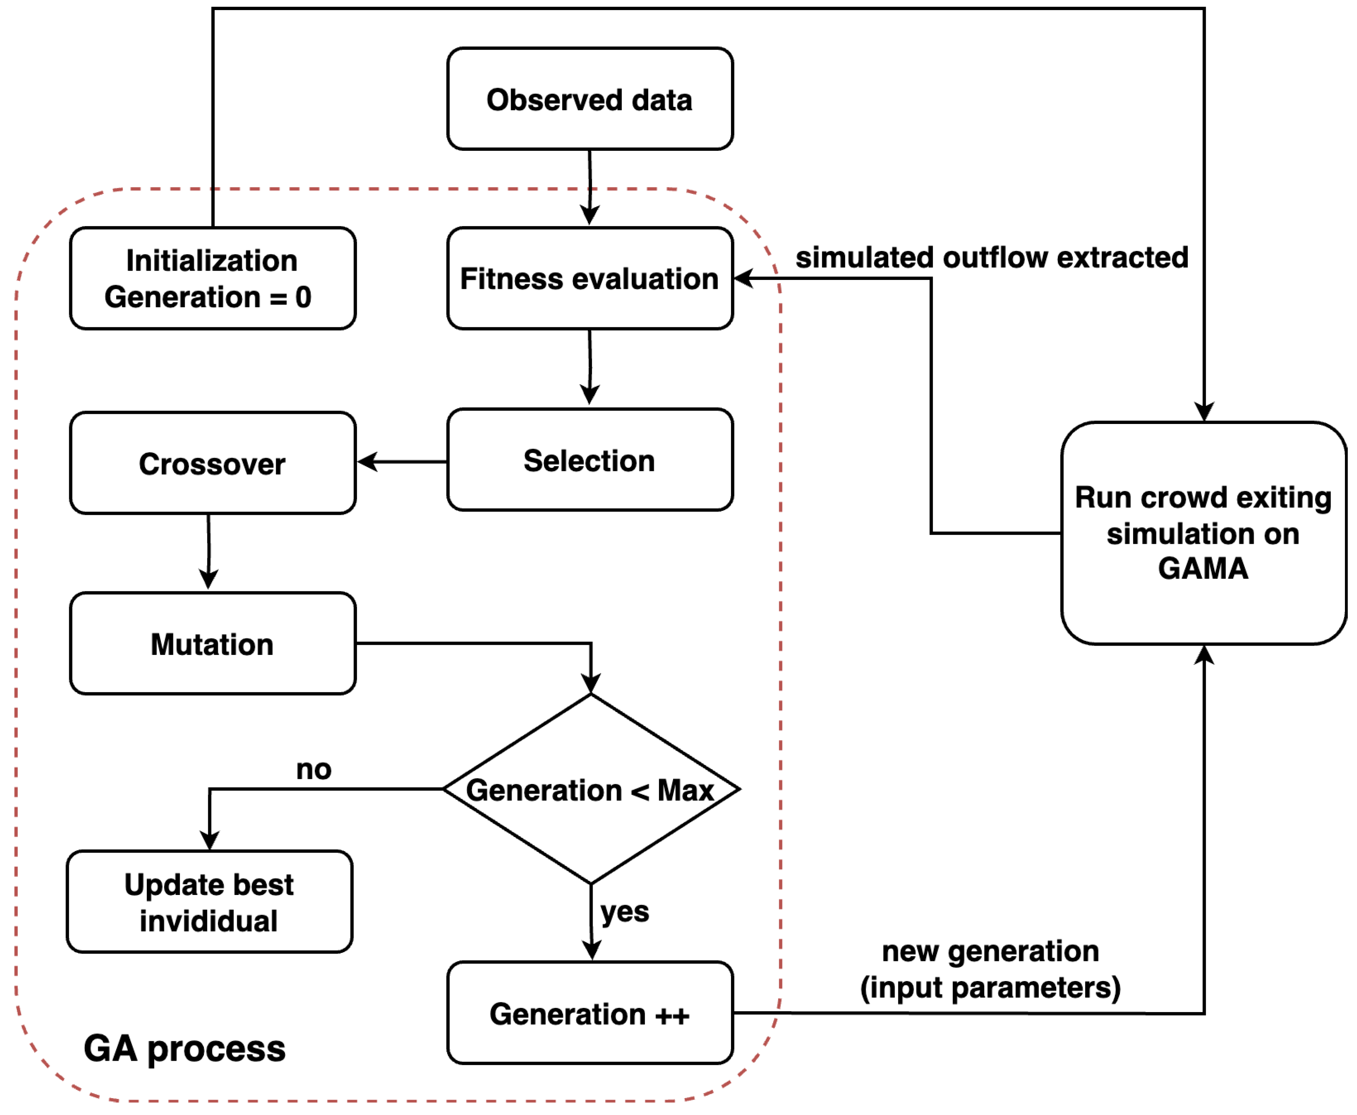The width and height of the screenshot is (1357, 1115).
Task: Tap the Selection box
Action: pos(589,460)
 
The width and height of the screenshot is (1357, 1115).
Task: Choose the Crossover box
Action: pos(212,463)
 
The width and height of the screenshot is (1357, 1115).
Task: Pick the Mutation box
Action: pos(212,644)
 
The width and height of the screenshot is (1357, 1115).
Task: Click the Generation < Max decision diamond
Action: pos(591,789)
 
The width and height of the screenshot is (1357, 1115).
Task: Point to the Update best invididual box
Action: pos(209,902)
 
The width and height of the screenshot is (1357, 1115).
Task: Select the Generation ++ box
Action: pos(589,1014)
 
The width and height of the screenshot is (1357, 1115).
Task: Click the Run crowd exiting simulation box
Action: pos(1203,533)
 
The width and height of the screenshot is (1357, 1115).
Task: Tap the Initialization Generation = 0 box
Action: pos(212,278)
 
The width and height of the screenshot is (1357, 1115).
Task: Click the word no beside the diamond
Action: pos(313,769)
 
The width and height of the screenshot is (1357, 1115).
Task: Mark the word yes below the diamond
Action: pos(624,911)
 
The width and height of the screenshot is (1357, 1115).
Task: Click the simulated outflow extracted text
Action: pos(992,257)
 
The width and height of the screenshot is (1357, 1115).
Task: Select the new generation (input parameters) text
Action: pos(990,969)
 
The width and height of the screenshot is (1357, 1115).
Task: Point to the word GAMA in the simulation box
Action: pos(1203,568)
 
